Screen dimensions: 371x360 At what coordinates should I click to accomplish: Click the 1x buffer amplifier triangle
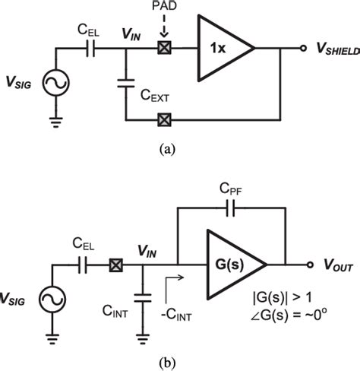(223, 49)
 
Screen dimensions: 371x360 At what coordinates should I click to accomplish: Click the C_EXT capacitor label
(154, 99)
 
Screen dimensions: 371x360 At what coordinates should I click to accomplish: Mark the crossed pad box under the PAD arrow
(162, 49)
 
